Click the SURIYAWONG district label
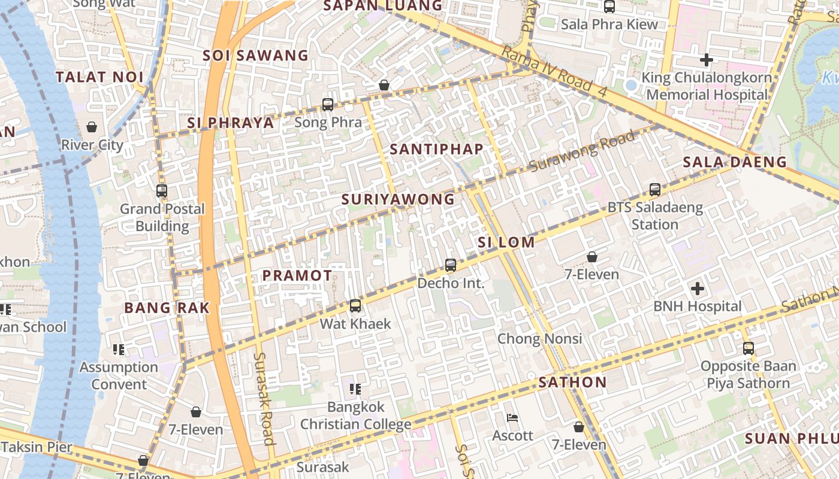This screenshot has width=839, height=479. [x=398, y=199]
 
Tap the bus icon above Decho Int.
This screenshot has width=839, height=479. [x=451, y=265]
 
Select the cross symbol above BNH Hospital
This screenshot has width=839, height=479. [x=698, y=289]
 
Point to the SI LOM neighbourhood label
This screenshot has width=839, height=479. [x=506, y=242]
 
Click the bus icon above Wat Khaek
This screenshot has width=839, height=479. [x=355, y=306]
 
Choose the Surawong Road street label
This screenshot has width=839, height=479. [x=582, y=152]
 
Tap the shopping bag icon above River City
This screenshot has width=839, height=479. [x=92, y=127]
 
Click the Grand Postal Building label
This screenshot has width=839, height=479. [x=162, y=217]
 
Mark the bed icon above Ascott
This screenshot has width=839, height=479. [x=512, y=417]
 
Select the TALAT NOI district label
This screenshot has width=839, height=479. [x=99, y=77]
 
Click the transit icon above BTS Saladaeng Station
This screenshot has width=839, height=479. [x=655, y=190]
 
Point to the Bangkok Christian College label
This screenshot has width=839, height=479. [x=355, y=416]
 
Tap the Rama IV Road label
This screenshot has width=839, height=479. [x=554, y=71]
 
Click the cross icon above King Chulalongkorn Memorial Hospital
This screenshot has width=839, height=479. [x=707, y=60]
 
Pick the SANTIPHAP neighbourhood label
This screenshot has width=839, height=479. [x=436, y=149]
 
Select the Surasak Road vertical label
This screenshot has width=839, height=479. [x=264, y=398]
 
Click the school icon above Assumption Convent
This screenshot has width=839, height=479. [x=119, y=349]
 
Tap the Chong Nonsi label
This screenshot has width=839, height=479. [x=540, y=339]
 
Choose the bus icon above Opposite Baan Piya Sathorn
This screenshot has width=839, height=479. [x=748, y=348]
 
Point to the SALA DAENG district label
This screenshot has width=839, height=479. [x=735, y=162]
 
